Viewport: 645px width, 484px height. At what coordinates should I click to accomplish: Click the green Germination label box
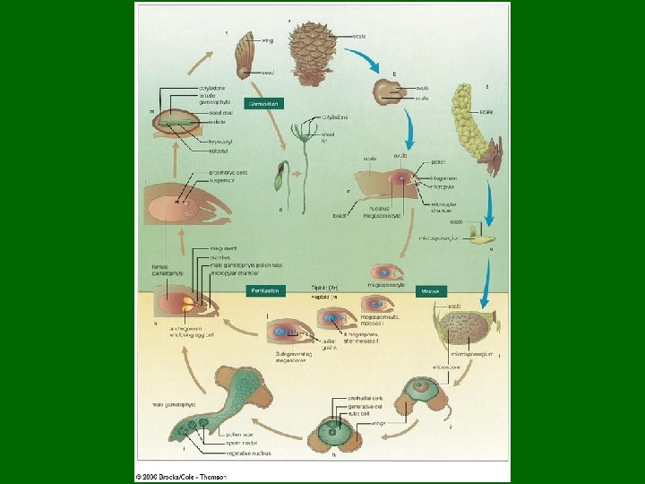[263, 104]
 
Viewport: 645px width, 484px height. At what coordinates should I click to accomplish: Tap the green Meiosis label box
[432, 291]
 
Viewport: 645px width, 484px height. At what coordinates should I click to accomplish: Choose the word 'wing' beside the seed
[267, 40]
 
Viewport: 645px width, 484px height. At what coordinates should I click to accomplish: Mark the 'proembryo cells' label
[228, 173]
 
